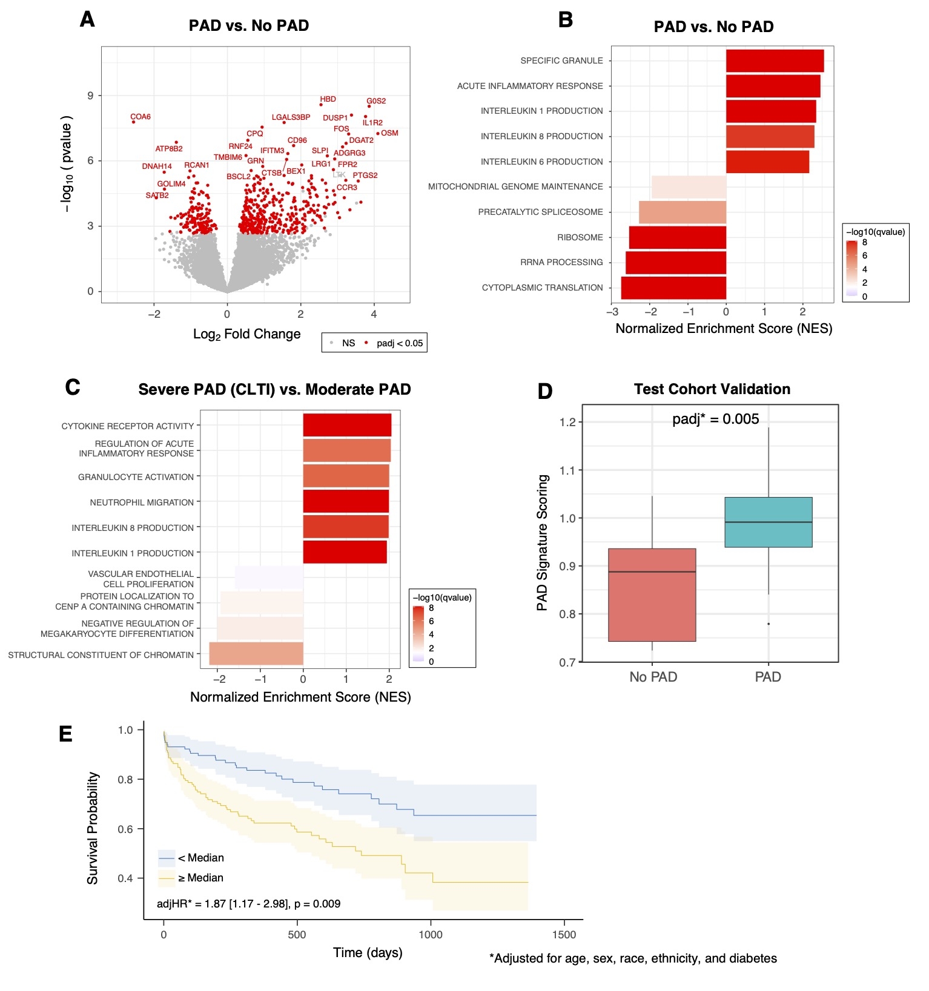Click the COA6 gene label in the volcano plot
[141, 117]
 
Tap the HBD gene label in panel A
[328, 99]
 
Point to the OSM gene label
[389, 133]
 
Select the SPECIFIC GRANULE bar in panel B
[775, 61]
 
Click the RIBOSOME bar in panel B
[677, 237]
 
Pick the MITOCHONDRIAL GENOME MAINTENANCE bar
[689, 186]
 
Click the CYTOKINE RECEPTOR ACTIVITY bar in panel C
[347, 425]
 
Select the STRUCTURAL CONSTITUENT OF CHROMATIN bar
[256, 654]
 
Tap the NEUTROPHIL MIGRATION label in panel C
[142, 502]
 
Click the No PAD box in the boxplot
[652, 594]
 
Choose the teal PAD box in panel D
[768, 522]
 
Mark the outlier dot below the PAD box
[769, 624]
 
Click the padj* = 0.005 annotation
[715, 419]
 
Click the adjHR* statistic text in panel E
[248, 904]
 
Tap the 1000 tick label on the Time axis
[430, 935]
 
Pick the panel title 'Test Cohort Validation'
[712, 389]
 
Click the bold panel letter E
[65, 734]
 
